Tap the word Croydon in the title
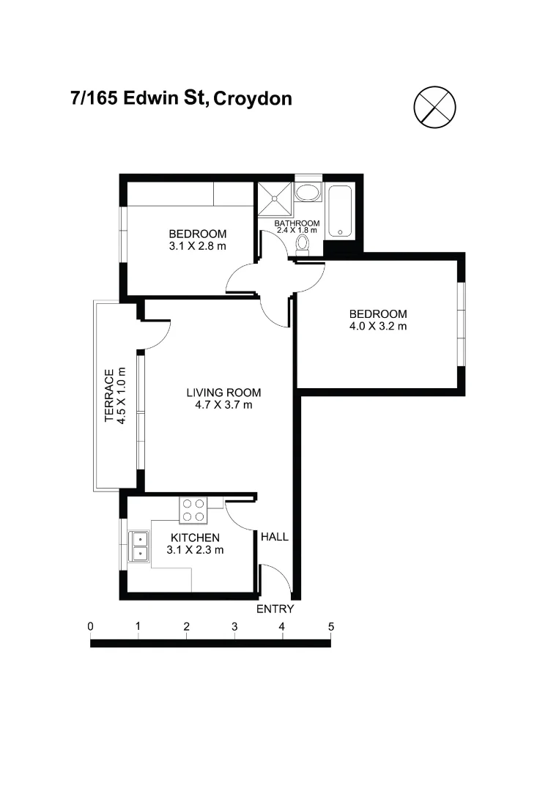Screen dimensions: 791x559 [x=252, y=98]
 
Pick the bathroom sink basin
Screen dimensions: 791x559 [x=308, y=193]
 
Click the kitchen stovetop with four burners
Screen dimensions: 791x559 [x=193, y=510]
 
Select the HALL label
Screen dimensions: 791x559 [x=275, y=537]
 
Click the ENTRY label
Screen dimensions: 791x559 [x=275, y=609]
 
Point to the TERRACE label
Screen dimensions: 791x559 [x=109, y=395]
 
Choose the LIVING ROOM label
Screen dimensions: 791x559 [x=223, y=392]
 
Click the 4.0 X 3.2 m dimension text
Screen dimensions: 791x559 [x=378, y=326]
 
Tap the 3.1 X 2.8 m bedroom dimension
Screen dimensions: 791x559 [x=197, y=246]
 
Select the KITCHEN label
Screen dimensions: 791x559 [x=195, y=538]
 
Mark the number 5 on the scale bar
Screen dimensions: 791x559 [x=330, y=627]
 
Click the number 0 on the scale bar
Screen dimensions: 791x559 [x=90, y=627]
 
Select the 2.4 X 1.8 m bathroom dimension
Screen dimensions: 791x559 [x=297, y=231]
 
